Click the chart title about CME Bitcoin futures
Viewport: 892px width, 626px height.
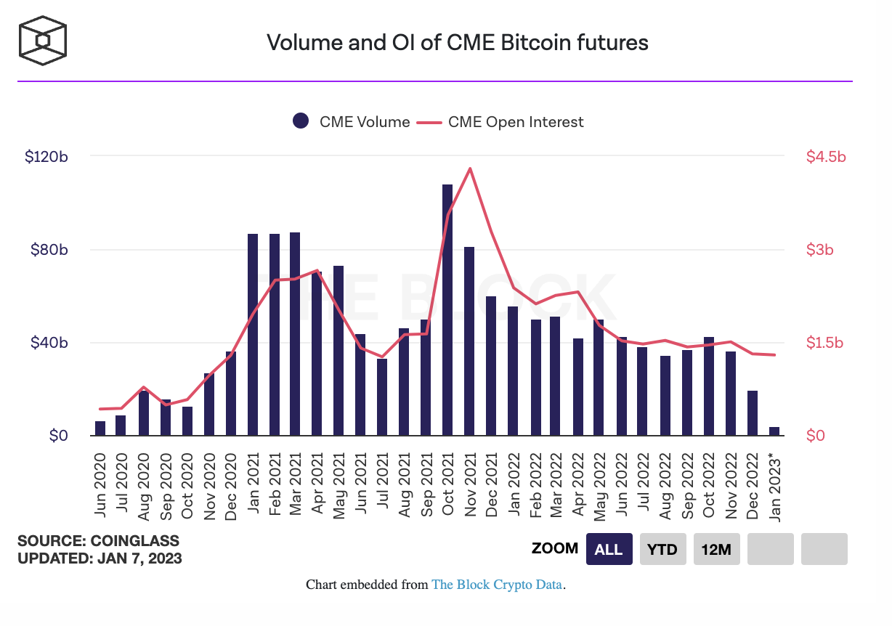457,42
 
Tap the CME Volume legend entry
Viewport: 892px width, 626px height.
352,122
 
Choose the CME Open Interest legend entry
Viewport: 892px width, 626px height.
500,122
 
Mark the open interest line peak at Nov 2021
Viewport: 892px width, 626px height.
470,168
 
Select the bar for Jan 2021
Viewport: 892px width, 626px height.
253,335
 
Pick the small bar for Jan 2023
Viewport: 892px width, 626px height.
774,431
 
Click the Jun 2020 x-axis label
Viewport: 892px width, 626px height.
100,485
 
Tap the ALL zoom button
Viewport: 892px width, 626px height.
608,549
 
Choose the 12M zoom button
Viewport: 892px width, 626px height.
716,549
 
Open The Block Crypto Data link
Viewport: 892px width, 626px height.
498,585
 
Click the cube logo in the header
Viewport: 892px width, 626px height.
44,41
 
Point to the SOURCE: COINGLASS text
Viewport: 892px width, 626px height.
98,541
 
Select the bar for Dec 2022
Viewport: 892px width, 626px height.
753,413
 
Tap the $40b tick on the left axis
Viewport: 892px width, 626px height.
49,343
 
